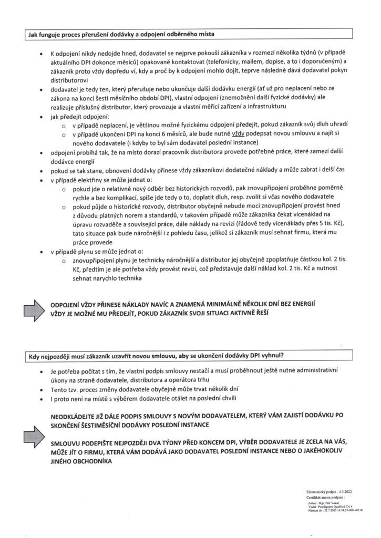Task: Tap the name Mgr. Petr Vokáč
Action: point(325,502)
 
